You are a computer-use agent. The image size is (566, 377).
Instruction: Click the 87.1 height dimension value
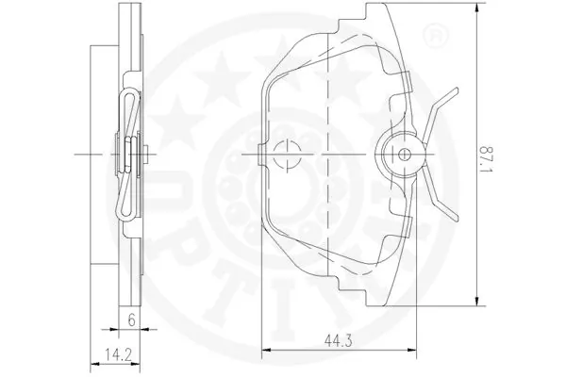(486, 158)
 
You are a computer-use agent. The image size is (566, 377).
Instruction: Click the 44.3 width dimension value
(338, 340)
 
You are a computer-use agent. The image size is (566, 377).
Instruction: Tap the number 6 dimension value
(131, 320)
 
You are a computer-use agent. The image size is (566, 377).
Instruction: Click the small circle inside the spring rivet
(403, 155)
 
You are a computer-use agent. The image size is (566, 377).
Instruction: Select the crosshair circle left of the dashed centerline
(287, 155)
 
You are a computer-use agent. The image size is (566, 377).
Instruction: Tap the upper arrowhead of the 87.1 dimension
(477, 8)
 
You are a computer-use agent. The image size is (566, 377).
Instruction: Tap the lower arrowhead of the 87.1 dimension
(477, 301)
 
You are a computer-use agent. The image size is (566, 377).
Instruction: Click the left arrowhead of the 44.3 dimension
(266, 350)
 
